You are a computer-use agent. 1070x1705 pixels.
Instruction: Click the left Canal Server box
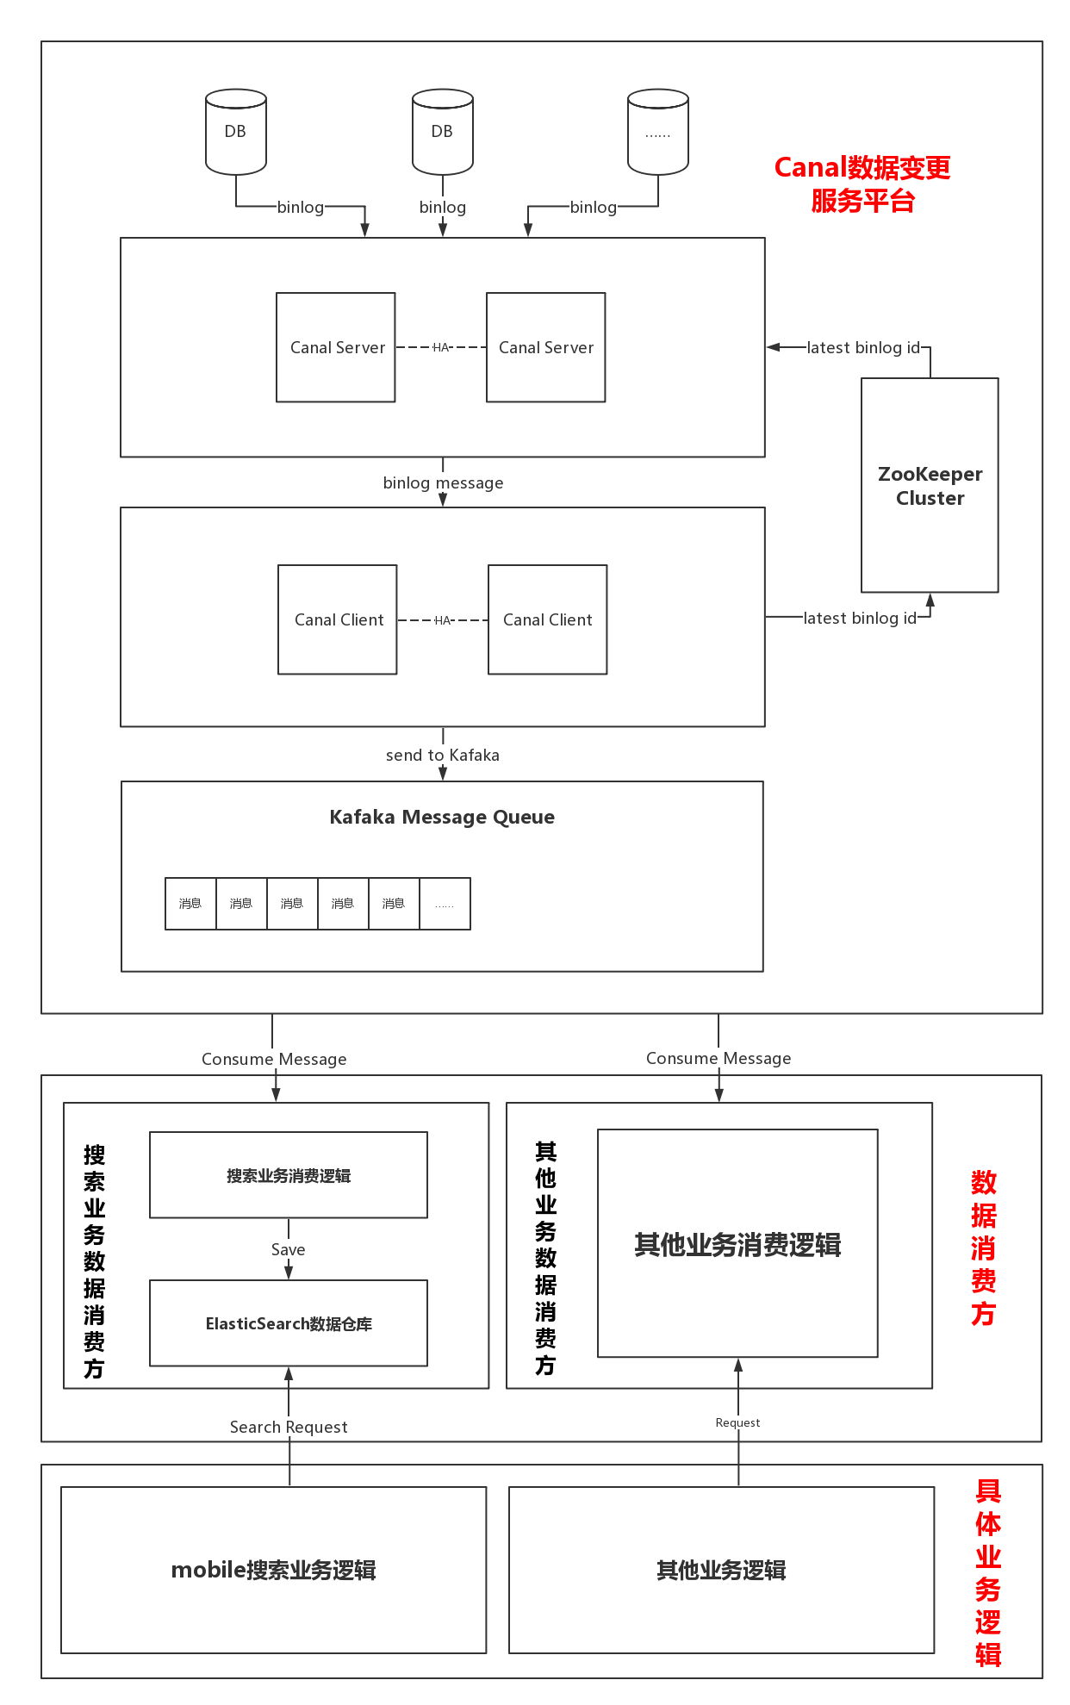coord(335,347)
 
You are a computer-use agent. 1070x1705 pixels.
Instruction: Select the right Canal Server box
coord(545,347)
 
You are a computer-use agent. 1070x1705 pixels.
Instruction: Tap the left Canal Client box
coord(337,619)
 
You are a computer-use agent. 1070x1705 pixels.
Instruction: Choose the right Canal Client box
coord(547,619)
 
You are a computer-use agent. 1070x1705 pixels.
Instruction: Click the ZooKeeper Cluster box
coord(930,485)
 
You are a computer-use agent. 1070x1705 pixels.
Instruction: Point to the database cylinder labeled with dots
coord(657,132)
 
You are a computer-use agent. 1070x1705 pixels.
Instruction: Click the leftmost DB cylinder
coord(235,132)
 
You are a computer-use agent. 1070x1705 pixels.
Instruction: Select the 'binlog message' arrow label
coord(443,483)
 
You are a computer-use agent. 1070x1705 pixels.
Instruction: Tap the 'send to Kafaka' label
coord(443,756)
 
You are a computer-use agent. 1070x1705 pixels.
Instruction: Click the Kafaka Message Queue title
coord(442,817)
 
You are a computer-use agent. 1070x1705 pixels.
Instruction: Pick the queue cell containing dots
coord(445,904)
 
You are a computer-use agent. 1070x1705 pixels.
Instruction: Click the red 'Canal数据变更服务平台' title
coord(862,184)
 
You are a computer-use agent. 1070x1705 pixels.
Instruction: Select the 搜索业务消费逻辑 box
coord(289,1175)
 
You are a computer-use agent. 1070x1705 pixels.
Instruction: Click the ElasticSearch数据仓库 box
coord(289,1323)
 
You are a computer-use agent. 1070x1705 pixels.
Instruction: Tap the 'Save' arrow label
coord(288,1249)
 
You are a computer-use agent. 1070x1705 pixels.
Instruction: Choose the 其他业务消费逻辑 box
coord(737,1243)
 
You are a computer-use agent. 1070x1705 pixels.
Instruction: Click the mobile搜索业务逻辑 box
coord(273,1570)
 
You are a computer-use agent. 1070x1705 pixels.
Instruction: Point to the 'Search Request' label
coord(289,1427)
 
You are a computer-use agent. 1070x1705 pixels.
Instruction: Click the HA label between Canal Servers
coord(441,347)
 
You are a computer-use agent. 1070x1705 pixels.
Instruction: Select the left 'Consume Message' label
coord(274,1059)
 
